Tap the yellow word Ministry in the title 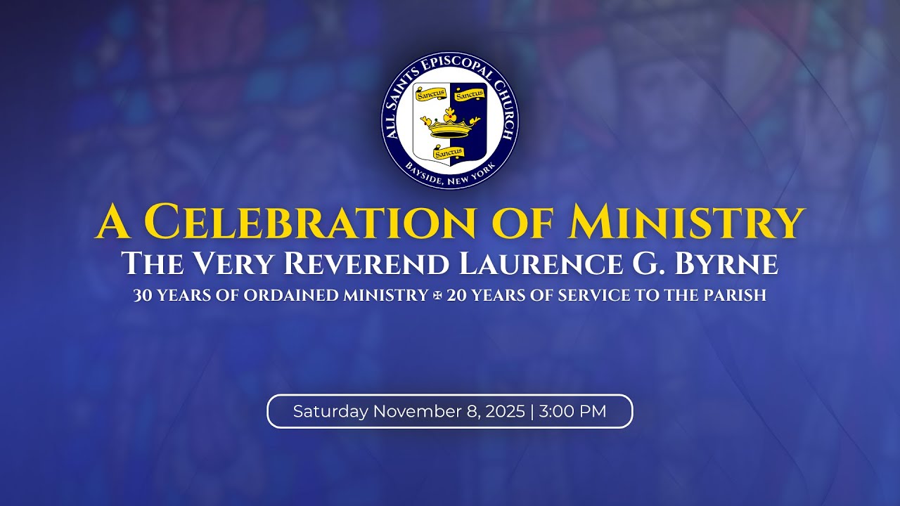pos(688,222)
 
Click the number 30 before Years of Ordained pos(142,296)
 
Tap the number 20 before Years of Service pos(457,296)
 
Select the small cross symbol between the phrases pos(437,296)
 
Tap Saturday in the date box pos(330,412)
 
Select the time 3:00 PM pos(572,412)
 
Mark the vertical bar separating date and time pos(532,412)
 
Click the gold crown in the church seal pos(450,124)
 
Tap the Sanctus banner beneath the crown pos(449,153)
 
